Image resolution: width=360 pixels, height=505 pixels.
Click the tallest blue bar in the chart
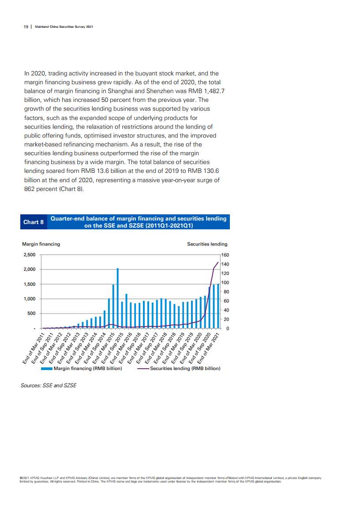click(118, 298)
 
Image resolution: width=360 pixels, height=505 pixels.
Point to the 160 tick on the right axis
click(225, 255)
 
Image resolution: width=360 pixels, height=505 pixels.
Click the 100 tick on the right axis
click(225, 283)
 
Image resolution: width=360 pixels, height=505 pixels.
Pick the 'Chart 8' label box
click(34, 222)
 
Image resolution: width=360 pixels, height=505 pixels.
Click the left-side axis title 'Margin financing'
click(41, 244)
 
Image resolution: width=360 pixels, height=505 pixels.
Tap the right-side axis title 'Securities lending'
click(207, 244)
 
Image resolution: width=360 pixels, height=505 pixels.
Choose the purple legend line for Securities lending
click(143, 368)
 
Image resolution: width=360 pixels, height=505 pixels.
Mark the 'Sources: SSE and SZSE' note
click(49, 385)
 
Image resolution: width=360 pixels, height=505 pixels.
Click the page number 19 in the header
click(26, 26)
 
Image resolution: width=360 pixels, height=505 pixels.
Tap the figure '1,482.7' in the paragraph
click(213, 91)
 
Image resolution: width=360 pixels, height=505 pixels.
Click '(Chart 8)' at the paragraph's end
click(72, 189)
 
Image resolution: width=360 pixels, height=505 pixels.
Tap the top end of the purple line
click(218, 262)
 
